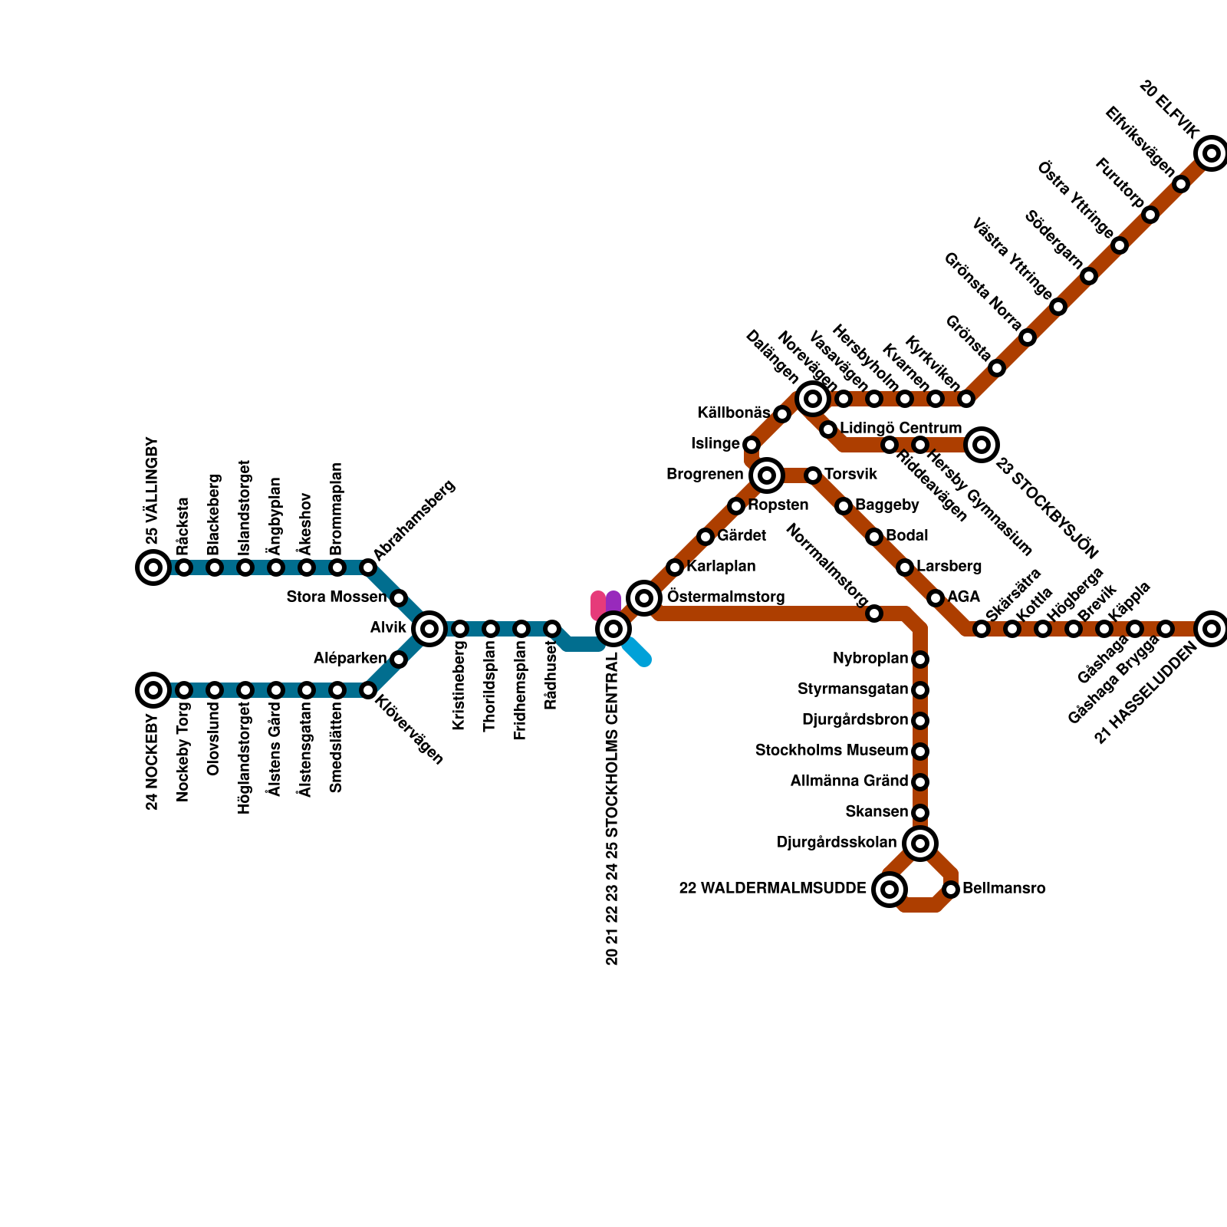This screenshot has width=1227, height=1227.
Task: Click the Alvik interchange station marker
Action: click(429, 629)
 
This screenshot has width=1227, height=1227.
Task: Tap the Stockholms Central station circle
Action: click(613, 629)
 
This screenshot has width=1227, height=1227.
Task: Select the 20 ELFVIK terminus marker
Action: click(1212, 153)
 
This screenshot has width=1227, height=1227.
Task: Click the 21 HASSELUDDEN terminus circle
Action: click(1212, 629)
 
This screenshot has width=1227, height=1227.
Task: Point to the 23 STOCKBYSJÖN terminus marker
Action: click(982, 445)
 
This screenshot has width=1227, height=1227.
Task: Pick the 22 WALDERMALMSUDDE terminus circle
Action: click(890, 890)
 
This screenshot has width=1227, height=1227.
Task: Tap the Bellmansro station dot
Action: click(951, 890)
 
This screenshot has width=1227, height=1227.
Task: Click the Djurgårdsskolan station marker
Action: click(920, 844)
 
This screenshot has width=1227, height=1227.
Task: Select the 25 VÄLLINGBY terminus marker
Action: click(153, 567)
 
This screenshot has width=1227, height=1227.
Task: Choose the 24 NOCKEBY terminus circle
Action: click(153, 690)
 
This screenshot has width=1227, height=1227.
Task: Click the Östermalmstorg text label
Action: click(725, 597)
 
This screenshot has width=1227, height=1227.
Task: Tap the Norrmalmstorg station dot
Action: click(874, 613)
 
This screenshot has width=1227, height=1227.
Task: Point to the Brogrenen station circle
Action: click(767, 475)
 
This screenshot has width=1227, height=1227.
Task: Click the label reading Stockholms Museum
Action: click(831, 750)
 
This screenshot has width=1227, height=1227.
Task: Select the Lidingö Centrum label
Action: click(900, 428)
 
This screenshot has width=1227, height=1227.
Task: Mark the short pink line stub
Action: click(598, 604)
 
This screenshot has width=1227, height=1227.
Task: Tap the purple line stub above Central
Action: click(613, 601)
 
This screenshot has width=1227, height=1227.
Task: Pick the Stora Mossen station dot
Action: click(399, 598)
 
